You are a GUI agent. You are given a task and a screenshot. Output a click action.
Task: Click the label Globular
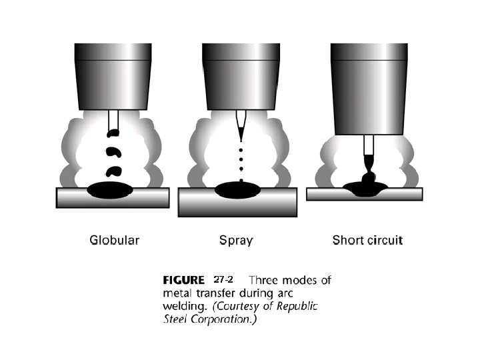tap(115, 240)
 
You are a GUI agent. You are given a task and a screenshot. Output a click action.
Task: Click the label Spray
tap(236, 240)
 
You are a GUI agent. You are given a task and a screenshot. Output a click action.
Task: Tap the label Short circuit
tap(367, 240)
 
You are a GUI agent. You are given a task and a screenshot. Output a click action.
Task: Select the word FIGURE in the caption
tap(184, 280)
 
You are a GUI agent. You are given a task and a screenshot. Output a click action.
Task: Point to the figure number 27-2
tap(223, 279)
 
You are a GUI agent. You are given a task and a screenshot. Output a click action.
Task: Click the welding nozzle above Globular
tap(112, 77)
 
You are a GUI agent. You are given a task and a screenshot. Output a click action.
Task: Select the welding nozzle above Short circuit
tap(369, 87)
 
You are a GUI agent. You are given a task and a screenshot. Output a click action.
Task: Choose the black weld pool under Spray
tap(239, 189)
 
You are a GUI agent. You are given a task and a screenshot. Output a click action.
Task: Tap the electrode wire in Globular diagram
tap(112, 120)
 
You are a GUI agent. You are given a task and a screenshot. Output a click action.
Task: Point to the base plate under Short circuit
tap(413, 194)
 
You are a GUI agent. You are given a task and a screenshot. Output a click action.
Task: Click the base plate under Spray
tap(200, 202)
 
